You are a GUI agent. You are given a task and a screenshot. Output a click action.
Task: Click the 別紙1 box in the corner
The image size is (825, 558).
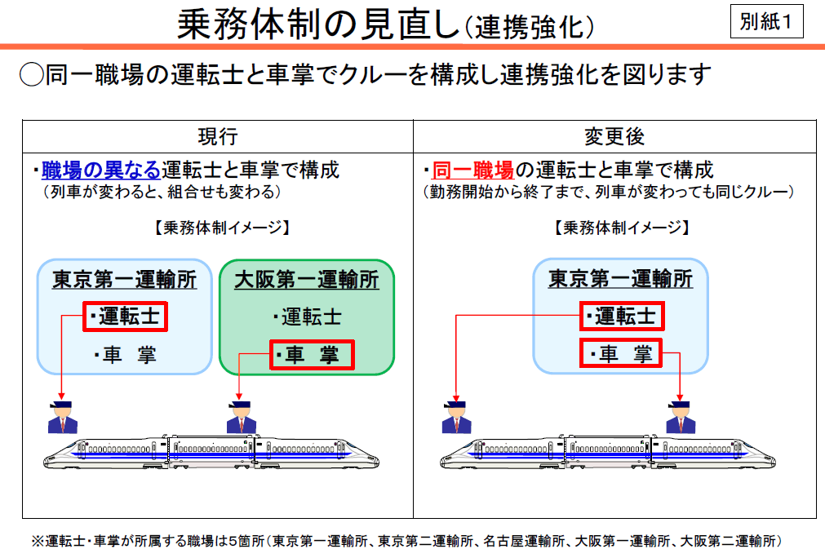766,21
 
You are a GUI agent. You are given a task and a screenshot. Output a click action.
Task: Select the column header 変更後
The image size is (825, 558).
614,136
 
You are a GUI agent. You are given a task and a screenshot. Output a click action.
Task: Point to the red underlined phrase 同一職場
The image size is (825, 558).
472,170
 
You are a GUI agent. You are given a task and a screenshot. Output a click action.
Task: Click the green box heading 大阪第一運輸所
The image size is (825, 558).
307,280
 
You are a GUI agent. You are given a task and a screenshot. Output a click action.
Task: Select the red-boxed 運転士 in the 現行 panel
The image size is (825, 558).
126,316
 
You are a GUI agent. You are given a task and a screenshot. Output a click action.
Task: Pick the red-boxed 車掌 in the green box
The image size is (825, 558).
312,355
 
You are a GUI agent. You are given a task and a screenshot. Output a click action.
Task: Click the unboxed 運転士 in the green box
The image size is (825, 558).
307,317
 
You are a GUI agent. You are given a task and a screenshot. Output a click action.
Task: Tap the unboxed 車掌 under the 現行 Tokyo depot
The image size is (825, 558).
124,355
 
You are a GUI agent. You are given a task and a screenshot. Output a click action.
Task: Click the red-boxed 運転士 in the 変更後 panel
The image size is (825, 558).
620,316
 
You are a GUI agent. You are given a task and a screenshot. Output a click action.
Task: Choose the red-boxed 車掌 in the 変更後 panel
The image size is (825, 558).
620,354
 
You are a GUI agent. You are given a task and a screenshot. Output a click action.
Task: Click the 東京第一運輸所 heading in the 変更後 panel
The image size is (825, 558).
620,280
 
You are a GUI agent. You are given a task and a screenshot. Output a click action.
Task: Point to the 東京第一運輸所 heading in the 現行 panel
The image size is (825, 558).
124,280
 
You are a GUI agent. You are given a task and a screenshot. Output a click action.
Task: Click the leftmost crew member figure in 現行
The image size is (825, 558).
62,417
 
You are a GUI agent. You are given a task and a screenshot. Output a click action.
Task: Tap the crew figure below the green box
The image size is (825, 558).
241,416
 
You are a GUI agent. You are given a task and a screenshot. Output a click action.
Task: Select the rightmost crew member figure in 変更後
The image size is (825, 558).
680,416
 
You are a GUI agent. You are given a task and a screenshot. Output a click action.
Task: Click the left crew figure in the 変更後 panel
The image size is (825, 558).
456,416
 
